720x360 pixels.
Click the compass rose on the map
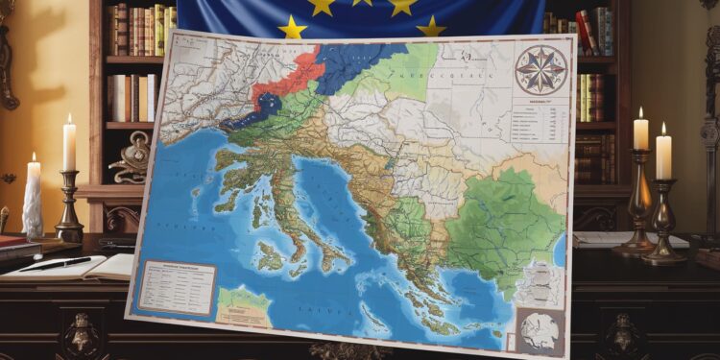pyautogui.click(x=540, y=68)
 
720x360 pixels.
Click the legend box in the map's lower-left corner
pyautogui.click(x=176, y=286)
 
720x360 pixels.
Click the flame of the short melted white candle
pyautogui.click(x=33, y=158)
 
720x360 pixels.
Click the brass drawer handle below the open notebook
pyautogui.click(x=82, y=336)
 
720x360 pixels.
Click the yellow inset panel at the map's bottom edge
pyautogui.click(x=244, y=306)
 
